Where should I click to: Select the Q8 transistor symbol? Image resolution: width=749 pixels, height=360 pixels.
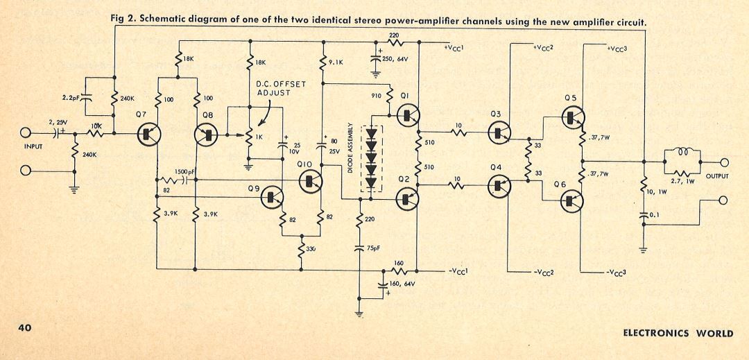tap(209, 134)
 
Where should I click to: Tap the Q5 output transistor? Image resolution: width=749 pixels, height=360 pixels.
tap(572, 117)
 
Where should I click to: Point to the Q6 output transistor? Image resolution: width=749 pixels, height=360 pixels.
tap(572, 200)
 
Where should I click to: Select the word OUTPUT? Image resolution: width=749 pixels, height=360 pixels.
tap(718, 176)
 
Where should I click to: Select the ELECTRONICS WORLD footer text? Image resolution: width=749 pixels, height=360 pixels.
tap(678, 333)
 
